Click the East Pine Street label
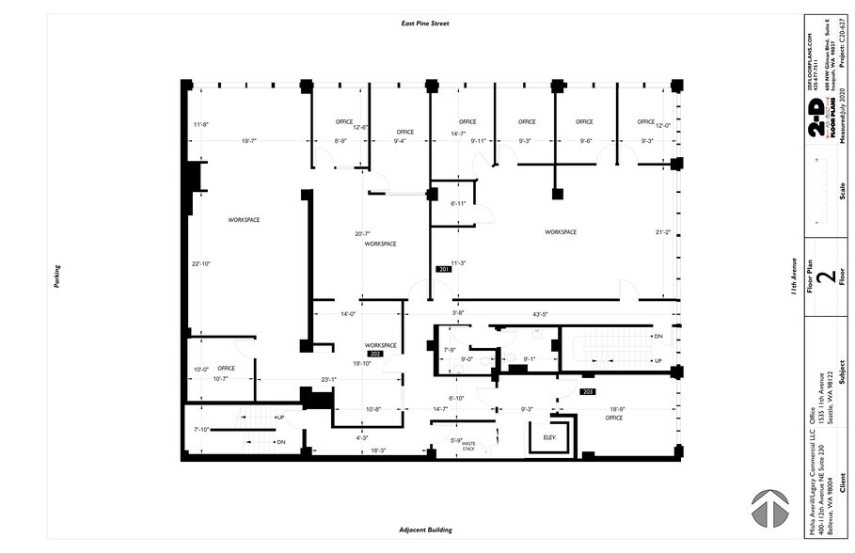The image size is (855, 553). tap(426, 23)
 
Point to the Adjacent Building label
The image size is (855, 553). tap(426, 530)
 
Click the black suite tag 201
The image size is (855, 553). tap(444, 270)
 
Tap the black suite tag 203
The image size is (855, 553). tap(589, 390)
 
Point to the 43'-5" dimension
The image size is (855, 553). tap(540, 314)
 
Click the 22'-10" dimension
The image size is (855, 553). tap(200, 264)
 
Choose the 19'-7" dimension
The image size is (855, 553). tap(249, 141)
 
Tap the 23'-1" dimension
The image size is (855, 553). tap(328, 380)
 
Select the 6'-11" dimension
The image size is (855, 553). tap(458, 203)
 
